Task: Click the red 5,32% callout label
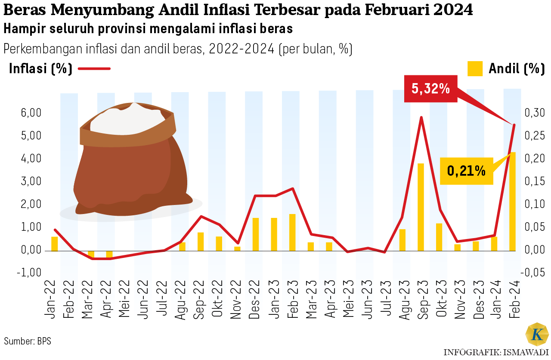tap(431, 89)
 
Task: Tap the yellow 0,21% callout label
tap(467, 171)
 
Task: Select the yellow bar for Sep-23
tap(421, 207)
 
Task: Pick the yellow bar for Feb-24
tap(513, 201)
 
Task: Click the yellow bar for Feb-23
tap(292, 232)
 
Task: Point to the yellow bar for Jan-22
tap(54, 244)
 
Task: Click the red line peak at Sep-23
tap(421, 117)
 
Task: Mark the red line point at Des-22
tap(255, 196)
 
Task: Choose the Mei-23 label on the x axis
tap(347, 304)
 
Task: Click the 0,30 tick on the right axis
tap(534, 113)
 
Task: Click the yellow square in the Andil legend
tap(475, 69)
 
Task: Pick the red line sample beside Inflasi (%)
tap(94, 68)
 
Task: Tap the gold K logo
tap(537, 335)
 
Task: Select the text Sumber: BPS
tap(28, 341)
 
